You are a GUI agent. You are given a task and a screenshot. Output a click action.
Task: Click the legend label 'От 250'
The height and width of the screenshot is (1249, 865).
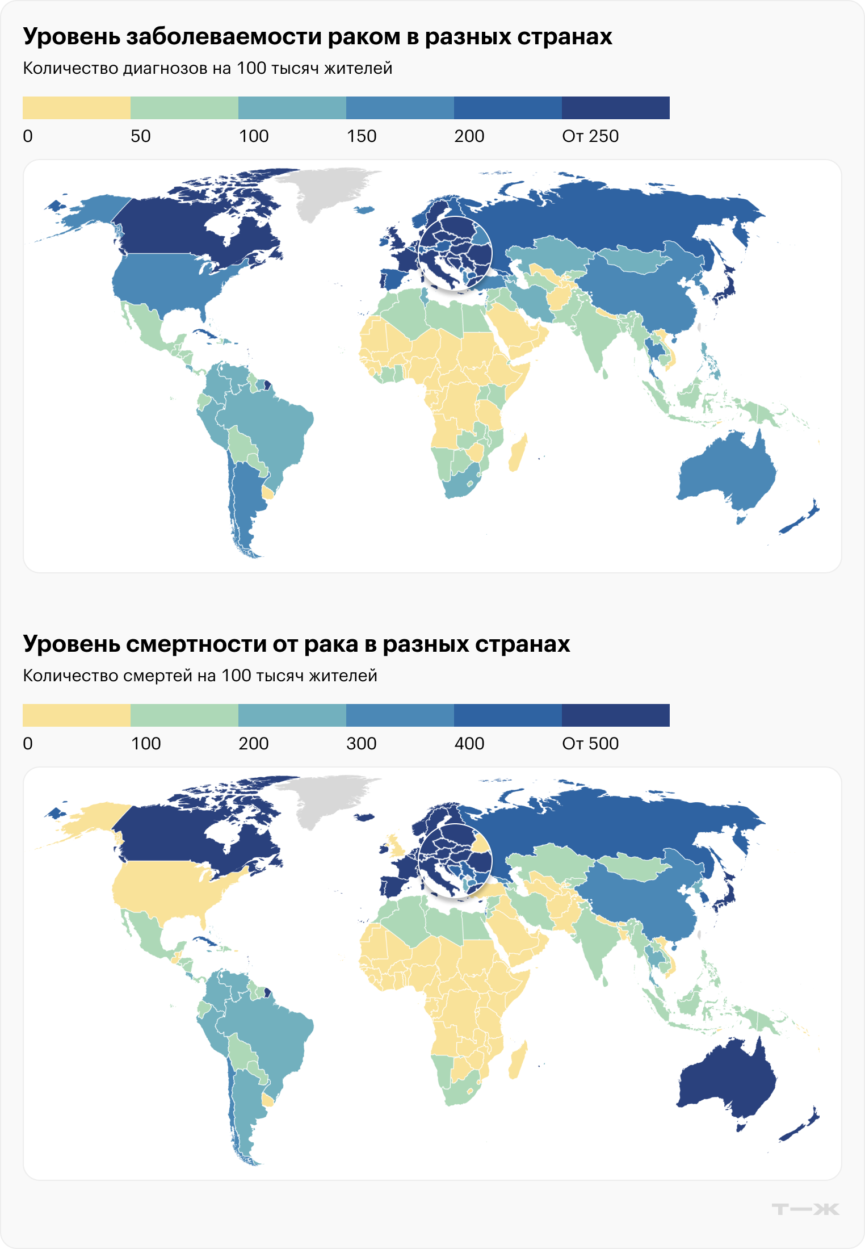pos(590,136)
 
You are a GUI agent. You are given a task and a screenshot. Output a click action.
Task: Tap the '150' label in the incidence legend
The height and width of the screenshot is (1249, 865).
pos(362,136)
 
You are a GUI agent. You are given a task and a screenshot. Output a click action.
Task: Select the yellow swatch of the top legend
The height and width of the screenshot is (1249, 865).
pos(76,108)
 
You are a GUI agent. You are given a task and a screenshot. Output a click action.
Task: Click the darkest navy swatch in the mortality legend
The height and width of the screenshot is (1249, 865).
pos(615,715)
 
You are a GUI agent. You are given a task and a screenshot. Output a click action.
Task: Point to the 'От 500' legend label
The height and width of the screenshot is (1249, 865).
pos(590,744)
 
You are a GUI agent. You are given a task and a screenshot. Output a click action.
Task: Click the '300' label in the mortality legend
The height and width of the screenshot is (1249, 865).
pos(362,744)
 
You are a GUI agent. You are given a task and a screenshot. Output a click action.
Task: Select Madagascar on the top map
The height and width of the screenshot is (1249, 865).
pos(518,454)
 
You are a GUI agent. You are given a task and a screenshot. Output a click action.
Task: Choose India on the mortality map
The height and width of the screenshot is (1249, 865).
pos(596,942)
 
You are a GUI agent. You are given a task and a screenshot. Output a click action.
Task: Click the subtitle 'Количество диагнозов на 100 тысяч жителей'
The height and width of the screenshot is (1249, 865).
pos(207,69)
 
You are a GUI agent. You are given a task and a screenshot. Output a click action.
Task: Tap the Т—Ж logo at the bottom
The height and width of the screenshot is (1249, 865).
pos(805,1209)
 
